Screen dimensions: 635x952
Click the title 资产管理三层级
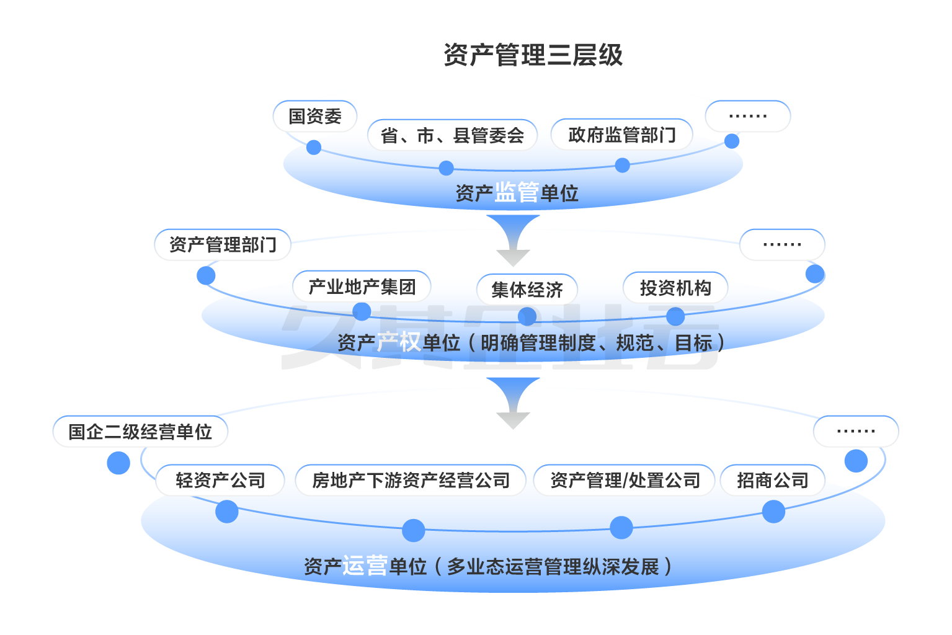point(533,55)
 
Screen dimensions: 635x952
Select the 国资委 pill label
point(315,116)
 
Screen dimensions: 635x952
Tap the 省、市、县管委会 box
point(452,135)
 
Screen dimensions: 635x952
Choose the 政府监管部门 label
point(621,135)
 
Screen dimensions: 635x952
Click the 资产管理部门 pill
point(223,244)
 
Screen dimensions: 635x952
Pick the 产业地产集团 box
point(362,286)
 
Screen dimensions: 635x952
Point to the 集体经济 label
point(527,290)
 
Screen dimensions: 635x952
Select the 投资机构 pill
point(675,288)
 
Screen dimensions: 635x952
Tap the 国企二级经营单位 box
point(140,432)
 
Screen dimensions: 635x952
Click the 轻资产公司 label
point(220,480)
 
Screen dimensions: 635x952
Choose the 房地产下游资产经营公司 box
point(411,480)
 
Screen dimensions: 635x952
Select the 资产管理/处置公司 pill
point(625,480)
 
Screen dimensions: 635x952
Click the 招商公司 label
point(773,480)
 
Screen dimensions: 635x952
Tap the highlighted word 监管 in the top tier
point(516,193)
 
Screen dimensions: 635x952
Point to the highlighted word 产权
point(398,342)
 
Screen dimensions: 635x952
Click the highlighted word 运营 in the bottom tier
point(365,566)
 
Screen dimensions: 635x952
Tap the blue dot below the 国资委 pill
point(314,148)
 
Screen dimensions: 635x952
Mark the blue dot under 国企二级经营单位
point(118,463)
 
